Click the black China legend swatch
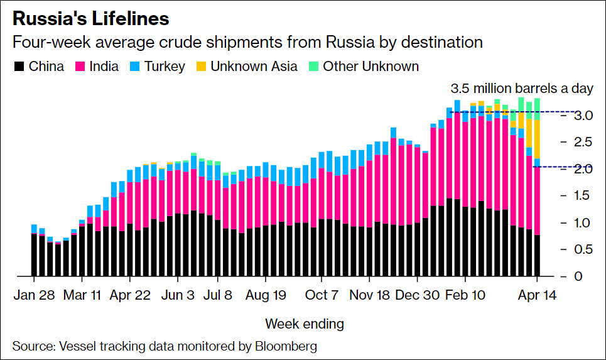click(x=18, y=66)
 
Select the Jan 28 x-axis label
click(x=34, y=295)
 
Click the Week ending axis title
click(x=305, y=324)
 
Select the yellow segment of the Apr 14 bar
click(x=537, y=139)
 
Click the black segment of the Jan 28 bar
click(x=34, y=254)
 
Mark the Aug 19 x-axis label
click(x=265, y=295)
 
